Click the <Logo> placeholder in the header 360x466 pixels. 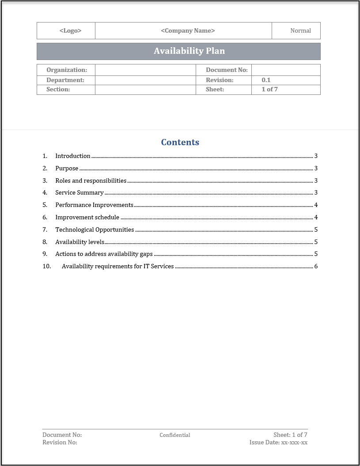click(70, 31)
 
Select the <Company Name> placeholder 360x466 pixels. click(188, 31)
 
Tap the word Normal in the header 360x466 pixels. click(300, 31)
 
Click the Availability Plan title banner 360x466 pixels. click(189, 51)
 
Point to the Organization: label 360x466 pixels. click(67, 70)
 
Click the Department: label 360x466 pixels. click(65, 80)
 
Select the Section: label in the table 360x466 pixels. click(58, 89)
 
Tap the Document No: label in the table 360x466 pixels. click(227, 70)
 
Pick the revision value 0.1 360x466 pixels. click(266, 80)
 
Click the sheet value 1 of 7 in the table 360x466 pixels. click(269, 89)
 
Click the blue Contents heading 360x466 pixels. click(180, 142)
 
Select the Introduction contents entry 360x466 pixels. click(73, 156)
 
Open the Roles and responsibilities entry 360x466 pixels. click(91, 180)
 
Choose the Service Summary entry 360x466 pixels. click(80, 192)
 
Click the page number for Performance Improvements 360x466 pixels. click(316, 205)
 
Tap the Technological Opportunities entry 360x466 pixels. click(95, 229)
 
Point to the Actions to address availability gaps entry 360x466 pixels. click(104, 254)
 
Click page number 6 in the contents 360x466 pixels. click(316, 266)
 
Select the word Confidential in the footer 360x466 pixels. click(175, 435)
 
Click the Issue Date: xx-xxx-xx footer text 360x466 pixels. click(278, 442)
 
